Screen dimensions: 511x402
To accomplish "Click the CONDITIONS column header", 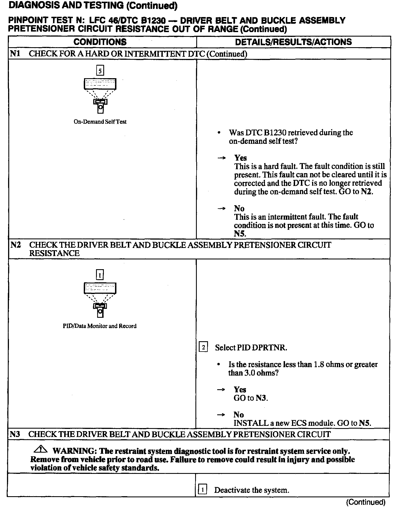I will click(x=100, y=42).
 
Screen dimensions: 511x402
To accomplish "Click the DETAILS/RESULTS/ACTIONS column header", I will click(x=293, y=42).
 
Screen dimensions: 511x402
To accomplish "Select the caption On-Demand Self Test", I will click(x=100, y=122).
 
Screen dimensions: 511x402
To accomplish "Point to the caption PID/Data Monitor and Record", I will click(x=100, y=326).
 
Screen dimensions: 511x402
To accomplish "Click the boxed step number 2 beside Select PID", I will click(x=203, y=347).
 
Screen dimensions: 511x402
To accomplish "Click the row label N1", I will click(x=16, y=54).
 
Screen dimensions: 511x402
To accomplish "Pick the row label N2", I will click(x=16, y=245).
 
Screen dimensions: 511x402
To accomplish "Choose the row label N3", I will click(x=16, y=434).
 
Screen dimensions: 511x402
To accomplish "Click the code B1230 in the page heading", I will click(x=152, y=21).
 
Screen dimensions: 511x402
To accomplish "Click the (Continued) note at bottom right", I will click(x=366, y=502).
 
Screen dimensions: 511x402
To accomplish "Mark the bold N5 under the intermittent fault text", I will click(x=240, y=234).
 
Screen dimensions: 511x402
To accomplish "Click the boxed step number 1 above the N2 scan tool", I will click(x=100, y=275).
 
